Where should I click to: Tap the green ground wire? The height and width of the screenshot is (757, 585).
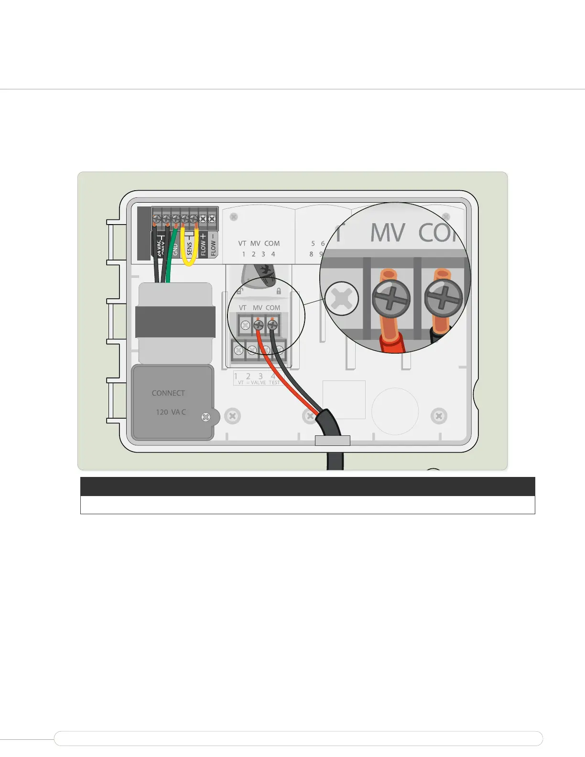171,258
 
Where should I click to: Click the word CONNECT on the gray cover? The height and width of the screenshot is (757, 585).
168,393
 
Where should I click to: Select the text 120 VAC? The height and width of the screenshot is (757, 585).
171,412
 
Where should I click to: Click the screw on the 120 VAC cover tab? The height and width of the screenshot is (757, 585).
206,417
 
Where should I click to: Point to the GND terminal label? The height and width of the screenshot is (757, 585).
175,249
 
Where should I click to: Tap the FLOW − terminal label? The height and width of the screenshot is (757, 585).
213,245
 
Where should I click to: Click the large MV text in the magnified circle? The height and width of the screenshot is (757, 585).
388,233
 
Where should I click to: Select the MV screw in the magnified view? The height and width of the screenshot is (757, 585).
391,299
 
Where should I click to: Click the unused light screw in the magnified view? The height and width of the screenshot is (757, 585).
341,299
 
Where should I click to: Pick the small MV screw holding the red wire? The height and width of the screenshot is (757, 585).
258,325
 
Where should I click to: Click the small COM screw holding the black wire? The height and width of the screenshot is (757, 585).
272,325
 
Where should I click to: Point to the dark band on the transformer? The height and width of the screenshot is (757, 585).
175,322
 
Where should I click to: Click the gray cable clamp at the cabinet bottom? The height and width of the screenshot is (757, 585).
333,440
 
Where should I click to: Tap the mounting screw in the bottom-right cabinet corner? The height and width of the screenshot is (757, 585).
439,416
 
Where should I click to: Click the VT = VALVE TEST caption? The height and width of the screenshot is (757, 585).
259,383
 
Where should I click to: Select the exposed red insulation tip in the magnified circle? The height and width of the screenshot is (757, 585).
392,343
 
